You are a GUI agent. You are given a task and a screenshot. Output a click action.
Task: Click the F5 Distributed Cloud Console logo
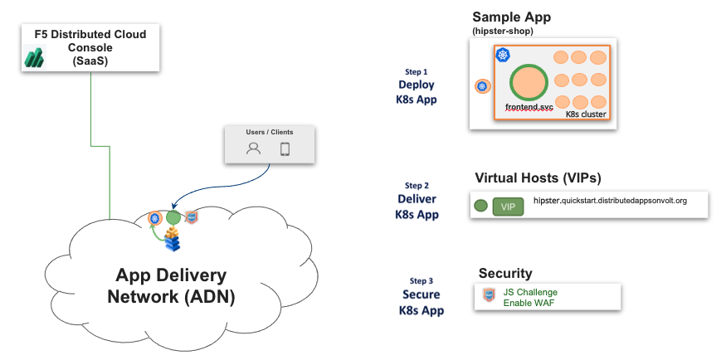pyautogui.click(x=34, y=57)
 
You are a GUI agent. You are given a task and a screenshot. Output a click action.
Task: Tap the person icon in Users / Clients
pyautogui.click(x=254, y=149)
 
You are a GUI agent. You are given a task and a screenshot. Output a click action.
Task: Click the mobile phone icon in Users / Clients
pyautogui.click(x=285, y=149)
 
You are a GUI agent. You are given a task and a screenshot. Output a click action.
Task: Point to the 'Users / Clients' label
pyautogui.click(x=270, y=132)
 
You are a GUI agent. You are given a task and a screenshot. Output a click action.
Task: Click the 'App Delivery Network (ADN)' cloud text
pyautogui.click(x=171, y=286)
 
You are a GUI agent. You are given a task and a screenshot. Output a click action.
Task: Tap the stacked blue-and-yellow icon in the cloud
pyautogui.click(x=172, y=241)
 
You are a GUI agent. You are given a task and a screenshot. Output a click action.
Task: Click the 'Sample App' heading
pyautogui.click(x=511, y=17)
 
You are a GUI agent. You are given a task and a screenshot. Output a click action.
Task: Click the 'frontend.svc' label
pyautogui.click(x=529, y=108)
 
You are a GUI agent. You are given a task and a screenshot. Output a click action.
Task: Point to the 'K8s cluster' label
pyautogui.click(x=585, y=114)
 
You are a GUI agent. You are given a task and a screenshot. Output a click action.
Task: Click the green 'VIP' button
pyautogui.click(x=508, y=207)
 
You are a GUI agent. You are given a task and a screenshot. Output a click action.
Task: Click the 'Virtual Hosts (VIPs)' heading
pyautogui.click(x=538, y=178)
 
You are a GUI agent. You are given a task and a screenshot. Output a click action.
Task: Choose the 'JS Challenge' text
pyautogui.click(x=530, y=292)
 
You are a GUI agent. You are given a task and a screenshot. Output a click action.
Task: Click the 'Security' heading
pyautogui.click(x=505, y=273)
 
